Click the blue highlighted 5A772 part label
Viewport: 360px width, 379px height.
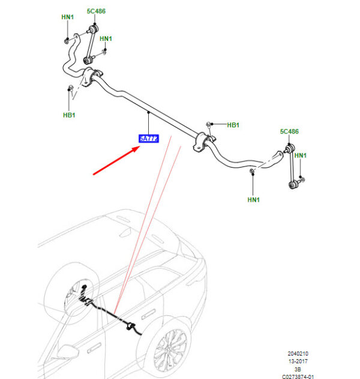148,139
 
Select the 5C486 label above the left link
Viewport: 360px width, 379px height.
95,12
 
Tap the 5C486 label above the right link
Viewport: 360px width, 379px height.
289,132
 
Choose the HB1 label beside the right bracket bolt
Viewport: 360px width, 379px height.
233,125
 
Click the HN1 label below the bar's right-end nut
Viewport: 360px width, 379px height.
253,199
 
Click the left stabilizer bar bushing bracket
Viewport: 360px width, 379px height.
91,79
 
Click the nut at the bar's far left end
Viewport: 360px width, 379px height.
65,40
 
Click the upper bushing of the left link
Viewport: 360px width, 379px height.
94,29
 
